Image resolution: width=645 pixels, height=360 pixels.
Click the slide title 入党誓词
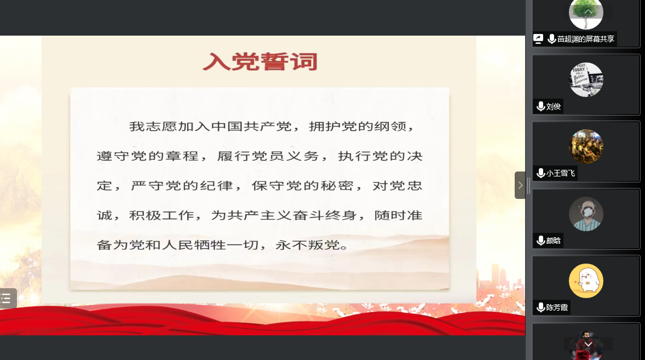pos(260,62)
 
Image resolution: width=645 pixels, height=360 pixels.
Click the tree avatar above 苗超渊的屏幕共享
pos(586,14)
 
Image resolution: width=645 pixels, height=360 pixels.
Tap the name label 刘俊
pos(553,106)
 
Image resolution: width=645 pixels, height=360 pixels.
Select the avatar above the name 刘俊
pos(586,80)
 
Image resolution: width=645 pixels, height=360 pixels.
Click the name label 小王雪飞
pos(560,173)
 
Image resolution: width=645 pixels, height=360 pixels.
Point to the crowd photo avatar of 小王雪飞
pos(586,147)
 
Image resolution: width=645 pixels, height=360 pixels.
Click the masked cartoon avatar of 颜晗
pos(586,214)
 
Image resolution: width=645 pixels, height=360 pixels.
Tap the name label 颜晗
pos(553,241)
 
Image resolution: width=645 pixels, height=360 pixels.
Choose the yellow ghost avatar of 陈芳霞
pos(586,281)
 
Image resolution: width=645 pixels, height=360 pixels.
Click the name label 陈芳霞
pos(557,307)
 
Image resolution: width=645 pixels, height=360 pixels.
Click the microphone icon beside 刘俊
pos(541,106)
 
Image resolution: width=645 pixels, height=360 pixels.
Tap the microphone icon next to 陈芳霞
pos(541,307)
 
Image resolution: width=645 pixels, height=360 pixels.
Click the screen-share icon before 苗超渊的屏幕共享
pos(538,39)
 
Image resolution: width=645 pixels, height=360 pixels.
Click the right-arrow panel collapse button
pos(520,185)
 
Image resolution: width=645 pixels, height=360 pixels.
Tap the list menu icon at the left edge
pos(6,298)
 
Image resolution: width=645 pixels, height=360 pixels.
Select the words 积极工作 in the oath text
pos(162,215)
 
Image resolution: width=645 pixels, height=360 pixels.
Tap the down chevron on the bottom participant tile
pos(588,344)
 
